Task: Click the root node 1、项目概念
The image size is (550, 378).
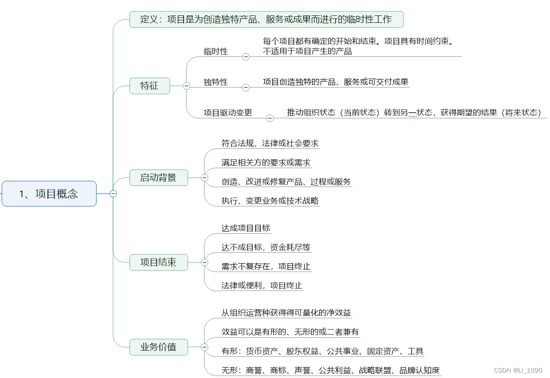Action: [x=49, y=193]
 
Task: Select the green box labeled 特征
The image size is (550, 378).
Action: [x=149, y=86]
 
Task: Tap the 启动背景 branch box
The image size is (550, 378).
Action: [x=158, y=178]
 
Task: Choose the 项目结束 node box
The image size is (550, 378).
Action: [x=158, y=262]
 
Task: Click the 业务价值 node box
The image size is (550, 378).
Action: [x=158, y=347]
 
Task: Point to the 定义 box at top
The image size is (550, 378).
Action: [x=266, y=19]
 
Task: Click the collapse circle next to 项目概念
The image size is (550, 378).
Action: [x=113, y=193]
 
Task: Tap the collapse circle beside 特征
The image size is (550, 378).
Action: [x=187, y=86]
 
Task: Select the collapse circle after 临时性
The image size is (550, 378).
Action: [x=246, y=57]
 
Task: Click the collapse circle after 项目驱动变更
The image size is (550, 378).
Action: [x=270, y=118]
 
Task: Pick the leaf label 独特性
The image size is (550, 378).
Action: [x=216, y=82]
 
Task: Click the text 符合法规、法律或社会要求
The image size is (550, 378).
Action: [x=270, y=143]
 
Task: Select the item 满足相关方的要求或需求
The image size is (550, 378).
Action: [x=266, y=162]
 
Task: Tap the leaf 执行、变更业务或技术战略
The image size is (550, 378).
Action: [x=270, y=201]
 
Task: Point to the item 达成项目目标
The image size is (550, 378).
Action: [x=246, y=228]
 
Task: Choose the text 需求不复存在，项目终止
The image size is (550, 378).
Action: [x=266, y=267]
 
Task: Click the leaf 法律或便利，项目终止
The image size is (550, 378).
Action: [x=262, y=285]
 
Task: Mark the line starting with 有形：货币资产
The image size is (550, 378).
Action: [x=323, y=351]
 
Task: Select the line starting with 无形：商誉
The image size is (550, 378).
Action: [x=330, y=370]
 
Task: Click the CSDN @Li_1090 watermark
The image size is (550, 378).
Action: [x=518, y=371]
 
